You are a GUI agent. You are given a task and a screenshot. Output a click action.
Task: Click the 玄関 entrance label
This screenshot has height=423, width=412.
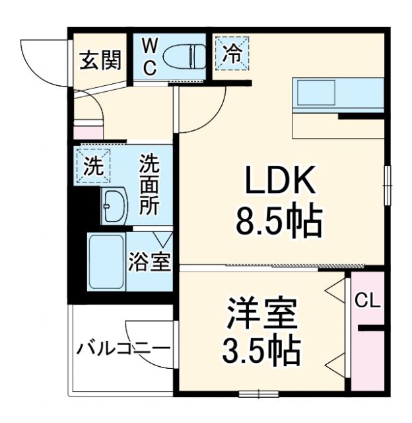[101, 61]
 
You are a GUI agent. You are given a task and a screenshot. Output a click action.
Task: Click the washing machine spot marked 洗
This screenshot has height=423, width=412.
[93, 165]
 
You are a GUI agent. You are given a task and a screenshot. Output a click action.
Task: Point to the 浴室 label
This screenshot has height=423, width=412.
[149, 262]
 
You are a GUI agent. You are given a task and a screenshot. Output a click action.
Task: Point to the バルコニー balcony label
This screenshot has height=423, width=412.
[123, 348]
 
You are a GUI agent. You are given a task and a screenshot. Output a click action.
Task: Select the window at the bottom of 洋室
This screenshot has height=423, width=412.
[257, 394]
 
